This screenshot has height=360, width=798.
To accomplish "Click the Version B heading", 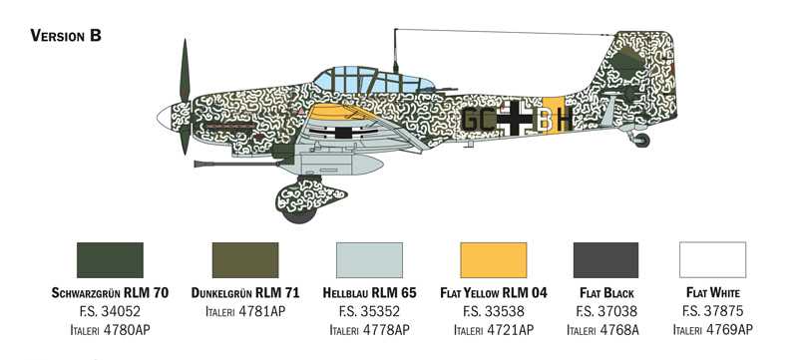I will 67,36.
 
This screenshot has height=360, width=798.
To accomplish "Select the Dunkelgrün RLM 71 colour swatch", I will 246,260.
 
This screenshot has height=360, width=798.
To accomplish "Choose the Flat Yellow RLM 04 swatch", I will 493,260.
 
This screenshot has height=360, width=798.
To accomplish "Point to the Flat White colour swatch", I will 712,260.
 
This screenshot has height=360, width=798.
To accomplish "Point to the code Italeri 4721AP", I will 493,329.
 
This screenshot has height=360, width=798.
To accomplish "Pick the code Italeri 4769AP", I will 712,329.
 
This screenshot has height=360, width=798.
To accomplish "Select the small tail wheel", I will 641,141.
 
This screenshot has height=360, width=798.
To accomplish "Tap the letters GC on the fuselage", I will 478,121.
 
